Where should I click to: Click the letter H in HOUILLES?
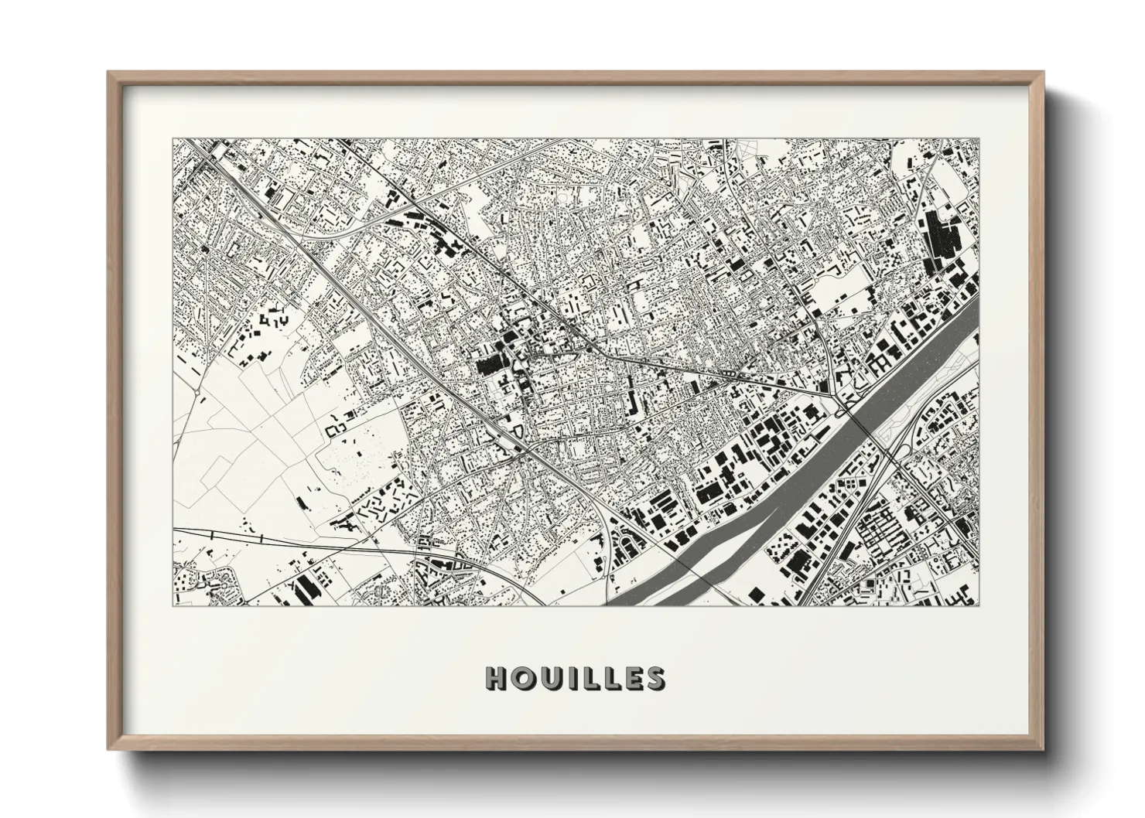point(496,678)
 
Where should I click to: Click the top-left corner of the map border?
point(173,139)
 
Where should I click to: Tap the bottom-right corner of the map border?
point(979,605)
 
